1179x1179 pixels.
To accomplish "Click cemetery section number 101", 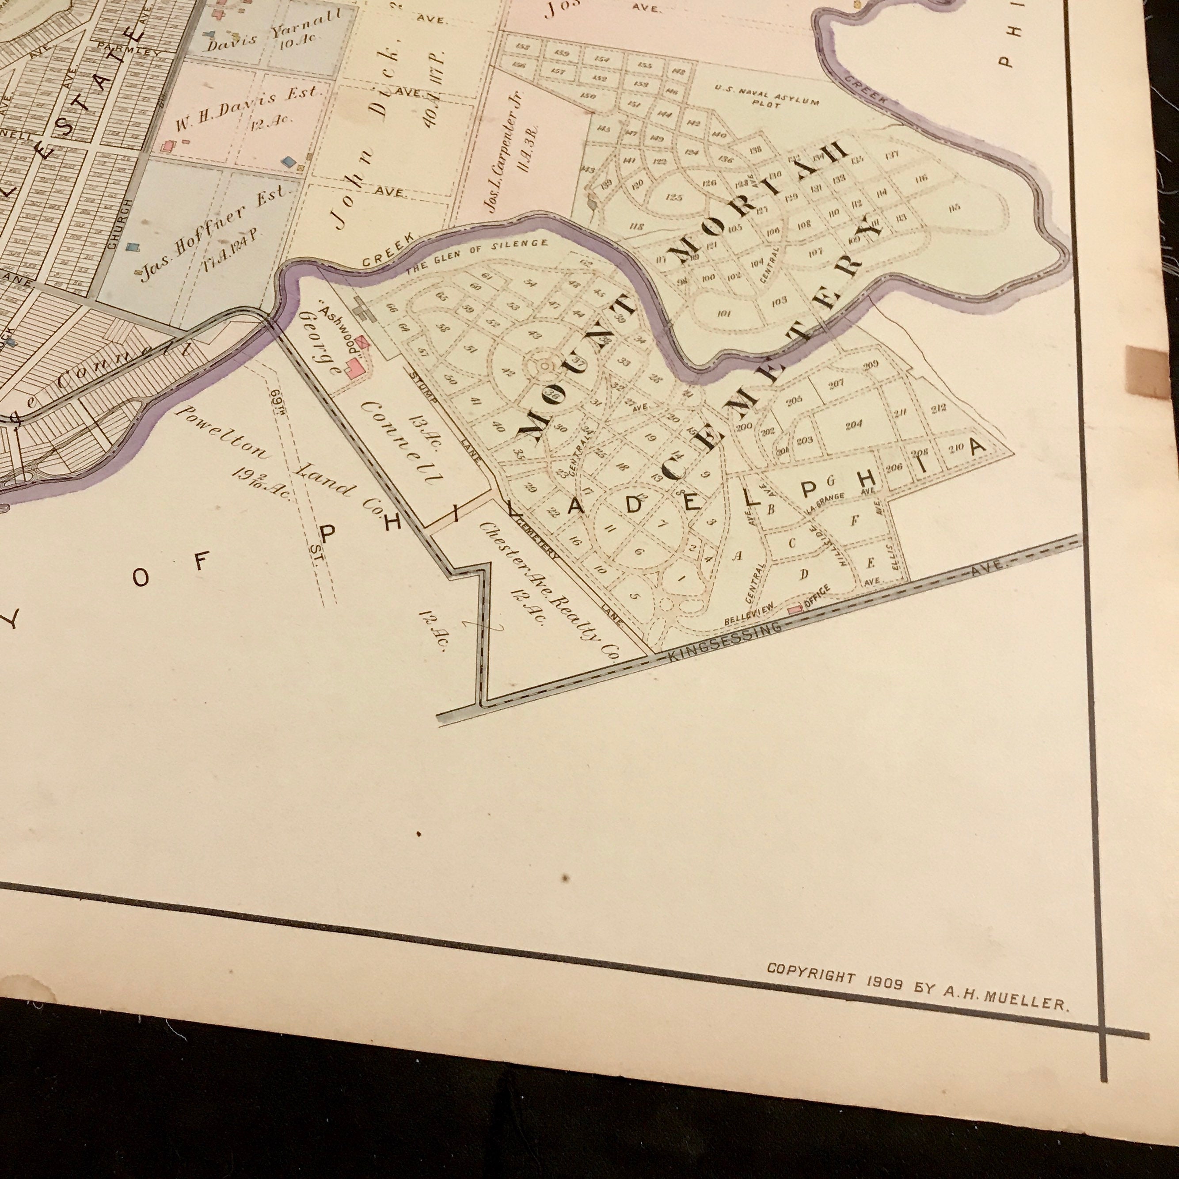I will [724, 314].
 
